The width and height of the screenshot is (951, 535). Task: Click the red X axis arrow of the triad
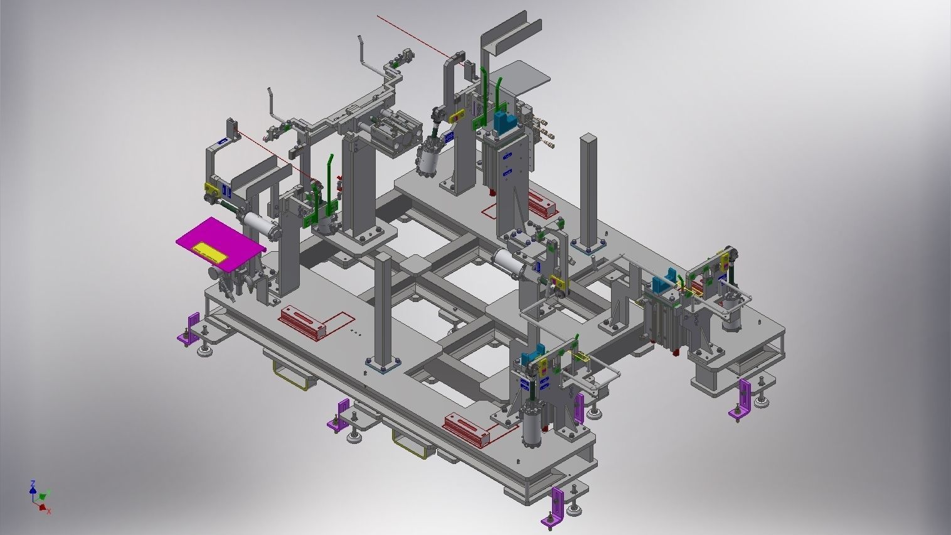click(46, 509)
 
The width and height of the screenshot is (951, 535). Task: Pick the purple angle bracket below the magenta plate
click(189, 330)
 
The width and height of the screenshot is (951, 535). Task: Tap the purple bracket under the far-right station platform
click(743, 399)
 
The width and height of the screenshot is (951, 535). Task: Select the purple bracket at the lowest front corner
click(557, 504)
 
